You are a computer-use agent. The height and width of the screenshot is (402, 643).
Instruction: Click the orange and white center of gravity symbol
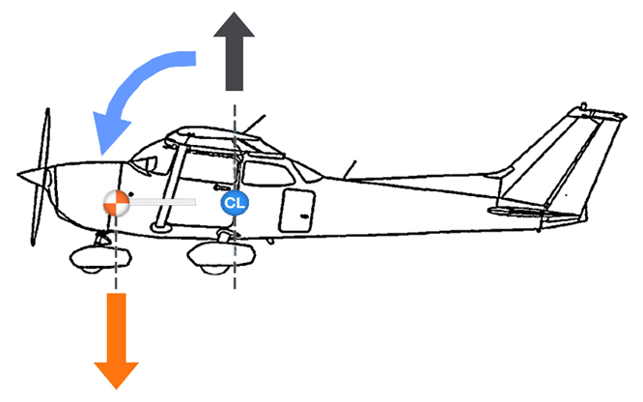click(x=115, y=202)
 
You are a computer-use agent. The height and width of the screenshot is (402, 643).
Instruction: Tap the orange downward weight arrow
click(x=117, y=338)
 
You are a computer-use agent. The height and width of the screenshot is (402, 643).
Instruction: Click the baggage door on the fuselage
click(x=297, y=210)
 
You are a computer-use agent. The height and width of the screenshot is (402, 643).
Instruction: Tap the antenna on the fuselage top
click(x=351, y=168)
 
